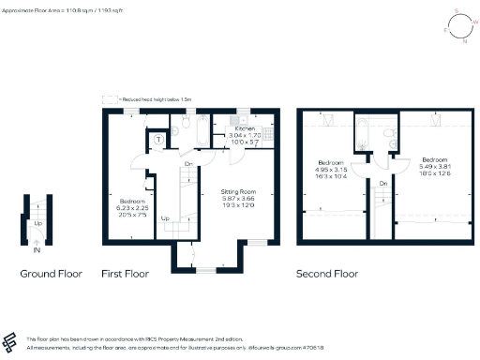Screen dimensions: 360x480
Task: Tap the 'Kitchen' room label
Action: click(x=243, y=130)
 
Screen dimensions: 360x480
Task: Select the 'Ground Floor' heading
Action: click(x=52, y=275)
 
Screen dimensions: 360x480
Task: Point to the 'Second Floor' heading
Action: click(x=327, y=275)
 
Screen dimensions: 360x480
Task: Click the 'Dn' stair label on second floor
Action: click(x=384, y=184)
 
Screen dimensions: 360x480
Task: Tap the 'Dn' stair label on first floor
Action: click(x=188, y=163)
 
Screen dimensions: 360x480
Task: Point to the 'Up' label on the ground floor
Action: click(x=37, y=224)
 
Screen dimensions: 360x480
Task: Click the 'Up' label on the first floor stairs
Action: click(x=166, y=218)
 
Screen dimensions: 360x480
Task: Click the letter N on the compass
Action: click(x=463, y=40)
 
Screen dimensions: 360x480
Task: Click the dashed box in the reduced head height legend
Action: click(x=109, y=97)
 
